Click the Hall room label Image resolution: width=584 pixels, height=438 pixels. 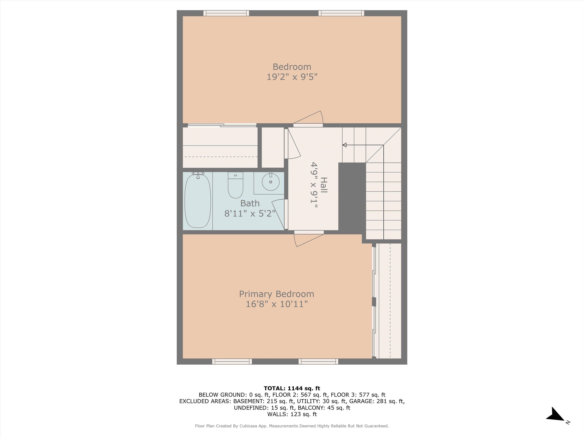tap(324, 185)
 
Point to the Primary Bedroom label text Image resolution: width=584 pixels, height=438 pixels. tap(276, 294)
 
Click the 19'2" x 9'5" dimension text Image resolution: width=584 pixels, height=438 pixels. tap(292, 77)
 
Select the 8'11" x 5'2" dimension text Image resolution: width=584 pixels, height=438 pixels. tap(250, 213)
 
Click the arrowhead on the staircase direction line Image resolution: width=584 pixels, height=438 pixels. tap(344, 145)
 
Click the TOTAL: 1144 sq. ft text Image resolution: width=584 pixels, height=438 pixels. tap(292, 388)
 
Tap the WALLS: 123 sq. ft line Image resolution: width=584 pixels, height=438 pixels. tap(292, 414)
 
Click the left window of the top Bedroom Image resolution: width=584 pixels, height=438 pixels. tap(226, 13)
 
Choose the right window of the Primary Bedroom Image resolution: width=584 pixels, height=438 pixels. tap(318, 361)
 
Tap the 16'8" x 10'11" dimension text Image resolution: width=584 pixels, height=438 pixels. tap(277, 304)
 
